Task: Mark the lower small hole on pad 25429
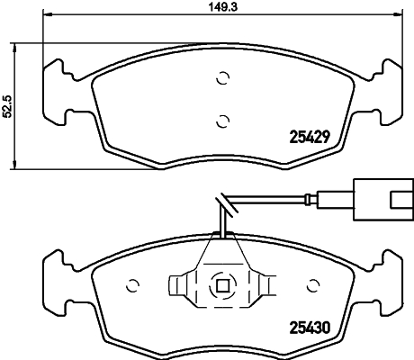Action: coord(222,119)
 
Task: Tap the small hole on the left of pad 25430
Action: coord(134,285)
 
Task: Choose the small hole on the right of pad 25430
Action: coord(313,285)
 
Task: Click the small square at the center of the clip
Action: coord(222,286)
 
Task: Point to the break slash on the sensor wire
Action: coord(222,203)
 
